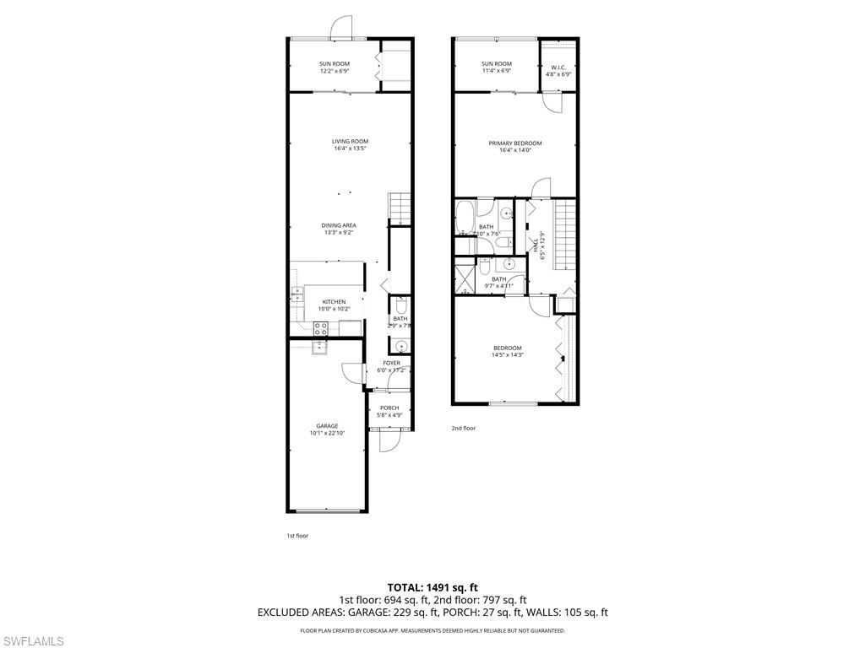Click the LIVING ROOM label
pyautogui.click(x=350, y=142)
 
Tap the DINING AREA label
pyautogui.click(x=338, y=225)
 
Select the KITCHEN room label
pyautogui.click(x=334, y=302)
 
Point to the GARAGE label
pyautogui.click(x=327, y=426)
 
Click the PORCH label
pyautogui.click(x=389, y=408)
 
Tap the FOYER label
pyautogui.click(x=391, y=363)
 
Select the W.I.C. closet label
pyautogui.click(x=558, y=67)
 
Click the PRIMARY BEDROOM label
pyautogui.click(x=515, y=143)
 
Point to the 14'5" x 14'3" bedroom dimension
pyautogui.click(x=508, y=355)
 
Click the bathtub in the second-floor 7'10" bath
pyautogui.click(x=465, y=218)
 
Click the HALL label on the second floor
pyautogui.click(x=536, y=245)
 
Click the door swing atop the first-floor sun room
pyautogui.click(x=340, y=28)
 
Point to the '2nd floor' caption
pyautogui.click(x=463, y=429)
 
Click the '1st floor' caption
pyautogui.click(x=296, y=536)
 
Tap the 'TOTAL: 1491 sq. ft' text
pyautogui.click(x=432, y=587)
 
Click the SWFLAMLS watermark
pyautogui.click(x=32, y=642)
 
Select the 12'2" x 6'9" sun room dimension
pyautogui.click(x=335, y=72)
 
